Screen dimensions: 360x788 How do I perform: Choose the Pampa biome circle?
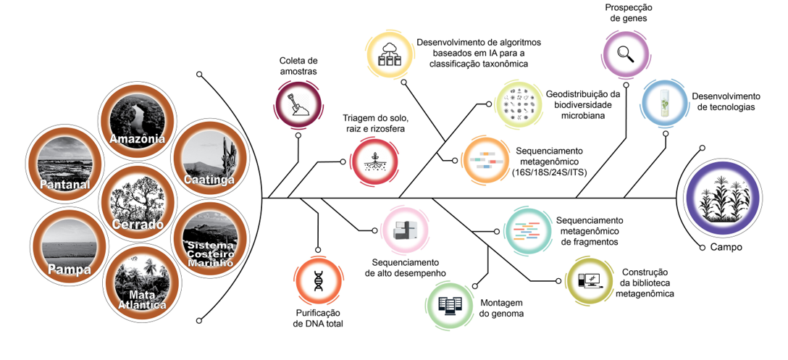[66, 246]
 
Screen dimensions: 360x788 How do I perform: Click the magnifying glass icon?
[625, 52]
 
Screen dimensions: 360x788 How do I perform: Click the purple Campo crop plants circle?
[724, 198]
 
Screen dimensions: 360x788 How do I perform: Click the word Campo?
[725, 247]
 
